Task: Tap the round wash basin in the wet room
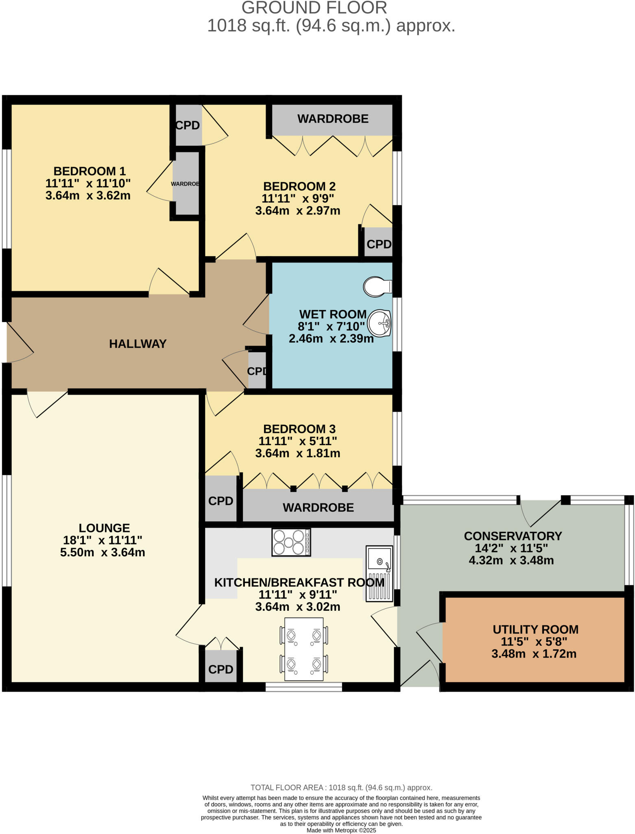(x=379, y=323)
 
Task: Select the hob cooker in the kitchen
(x=291, y=542)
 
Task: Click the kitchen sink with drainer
(x=380, y=573)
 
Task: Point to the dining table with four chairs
(x=304, y=649)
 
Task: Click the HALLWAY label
(x=137, y=344)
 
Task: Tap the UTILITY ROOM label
(x=535, y=629)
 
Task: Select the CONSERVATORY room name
(x=513, y=536)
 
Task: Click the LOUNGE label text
(x=104, y=528)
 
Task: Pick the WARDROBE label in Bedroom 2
(x=333, y=119)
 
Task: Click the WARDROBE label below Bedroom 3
(x=318, y=507)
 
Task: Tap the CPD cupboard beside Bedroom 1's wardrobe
(x=188, y=125)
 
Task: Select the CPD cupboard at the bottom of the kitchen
(x=220, y=669)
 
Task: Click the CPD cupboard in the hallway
(x=257, y=371)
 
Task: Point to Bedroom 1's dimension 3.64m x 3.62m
(x=88, y=195)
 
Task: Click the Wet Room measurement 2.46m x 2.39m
(x=331, y=338)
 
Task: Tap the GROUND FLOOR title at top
(x=314, y=8)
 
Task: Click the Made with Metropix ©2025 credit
(x=341, y=830)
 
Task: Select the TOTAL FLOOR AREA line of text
(x=341, y=787)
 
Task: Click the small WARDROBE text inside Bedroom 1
(x=185, y=184)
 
